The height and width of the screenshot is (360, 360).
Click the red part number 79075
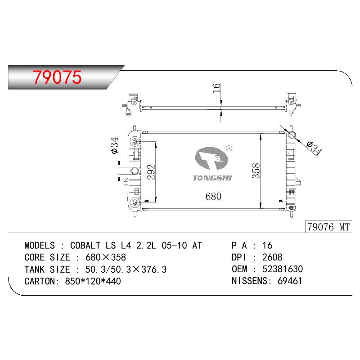coord(57,77)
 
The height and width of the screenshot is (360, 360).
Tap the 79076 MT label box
coord(328,227)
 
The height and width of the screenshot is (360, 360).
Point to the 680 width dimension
coord(213,196)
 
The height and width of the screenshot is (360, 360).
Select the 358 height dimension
coord(256,171)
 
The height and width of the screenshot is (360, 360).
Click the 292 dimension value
coord(151,172)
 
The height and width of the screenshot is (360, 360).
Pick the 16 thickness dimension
coord(216,88)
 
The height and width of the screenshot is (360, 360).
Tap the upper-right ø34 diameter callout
coord(314,148)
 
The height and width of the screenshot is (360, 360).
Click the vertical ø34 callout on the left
coord(114,145)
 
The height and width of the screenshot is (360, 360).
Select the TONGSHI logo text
coord(212,178)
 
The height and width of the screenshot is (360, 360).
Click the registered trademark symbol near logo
coord(229,148)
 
